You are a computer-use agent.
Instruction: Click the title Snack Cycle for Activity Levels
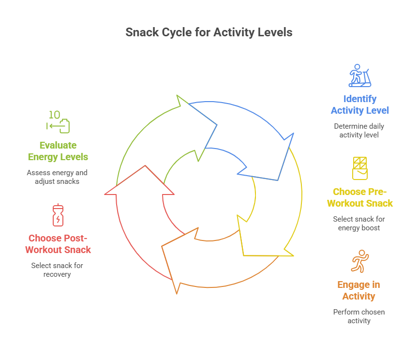(209, 32)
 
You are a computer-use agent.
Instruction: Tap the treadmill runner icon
(360, 75)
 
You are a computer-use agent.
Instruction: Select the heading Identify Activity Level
(360, 105)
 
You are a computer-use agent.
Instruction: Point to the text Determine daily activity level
(359, 131)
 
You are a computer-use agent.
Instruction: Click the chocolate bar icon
(359, 168)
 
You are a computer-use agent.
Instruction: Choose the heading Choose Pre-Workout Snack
(360, 197)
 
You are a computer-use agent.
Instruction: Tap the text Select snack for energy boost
(359, 224)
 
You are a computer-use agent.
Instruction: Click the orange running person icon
(359, 261)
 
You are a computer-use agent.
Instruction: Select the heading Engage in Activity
(359, 290)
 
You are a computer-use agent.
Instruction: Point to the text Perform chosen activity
(359, 316)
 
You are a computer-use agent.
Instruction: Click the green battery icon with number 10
(58, 122)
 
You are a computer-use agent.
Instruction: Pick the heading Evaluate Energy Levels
(58, 151)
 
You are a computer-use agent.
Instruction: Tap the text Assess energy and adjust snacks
(57, 177)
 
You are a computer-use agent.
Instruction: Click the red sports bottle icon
(58, 215)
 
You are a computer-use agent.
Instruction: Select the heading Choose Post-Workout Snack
(58, 244)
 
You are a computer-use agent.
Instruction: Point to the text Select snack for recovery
(58, 270)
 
